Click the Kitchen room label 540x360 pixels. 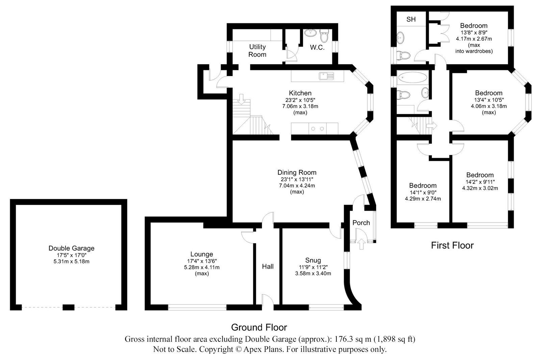tap(300, 93)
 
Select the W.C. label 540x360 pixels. tap(317, 48)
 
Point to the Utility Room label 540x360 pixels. tap(257, 51)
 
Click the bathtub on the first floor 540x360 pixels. tap(412, 77)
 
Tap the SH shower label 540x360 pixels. tap(411, 19)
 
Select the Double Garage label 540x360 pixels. tap(71, 248)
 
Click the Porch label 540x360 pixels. tap(361, 223)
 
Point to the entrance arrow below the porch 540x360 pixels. tap(361, 244)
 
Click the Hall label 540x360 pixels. tap(268, 266)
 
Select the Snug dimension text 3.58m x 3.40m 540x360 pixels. tap(313, 274)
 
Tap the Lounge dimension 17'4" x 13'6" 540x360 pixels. tap(202, 261)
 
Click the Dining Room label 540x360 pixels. tap(297, 173)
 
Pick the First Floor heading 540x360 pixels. tap(452, 246)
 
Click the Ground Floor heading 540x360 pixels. tap(259, 328)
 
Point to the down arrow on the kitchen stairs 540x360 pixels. tap(241, 99)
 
